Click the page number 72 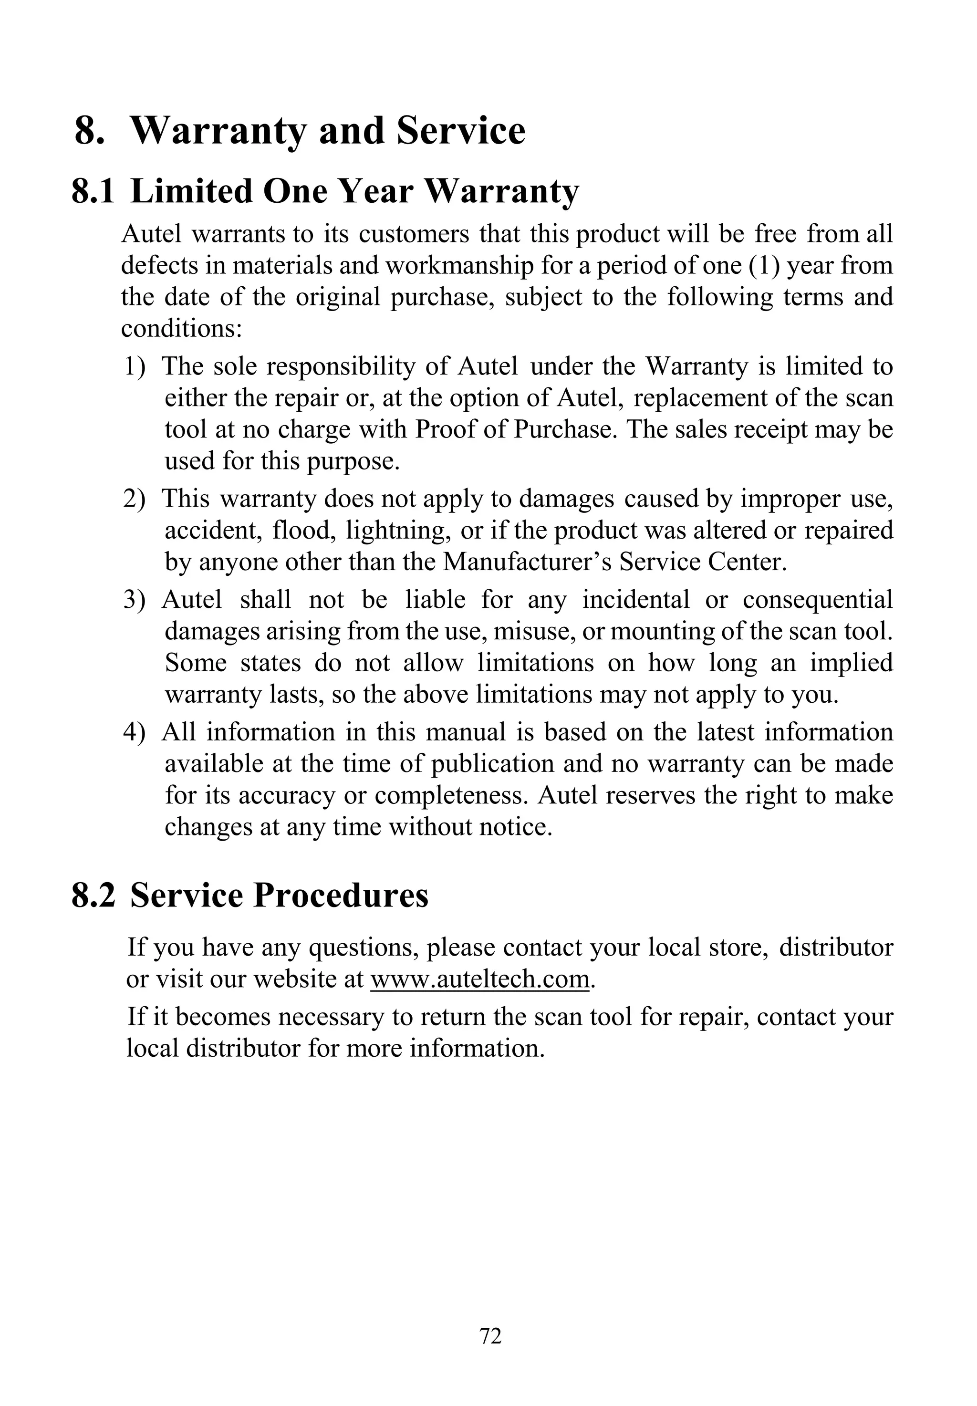(x=490, y=1335)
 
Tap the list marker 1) (x=135, y=367)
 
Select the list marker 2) (x=135, y=499)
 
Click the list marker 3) (x=135, y=600)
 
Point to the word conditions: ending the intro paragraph (x=182, y=329)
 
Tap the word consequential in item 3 (x=818, y=600)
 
